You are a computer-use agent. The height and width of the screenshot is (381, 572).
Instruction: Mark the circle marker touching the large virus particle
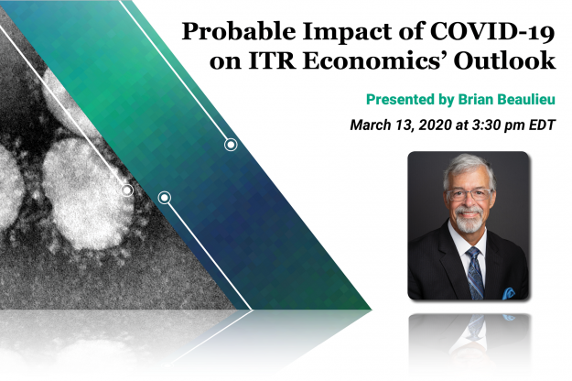127,190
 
